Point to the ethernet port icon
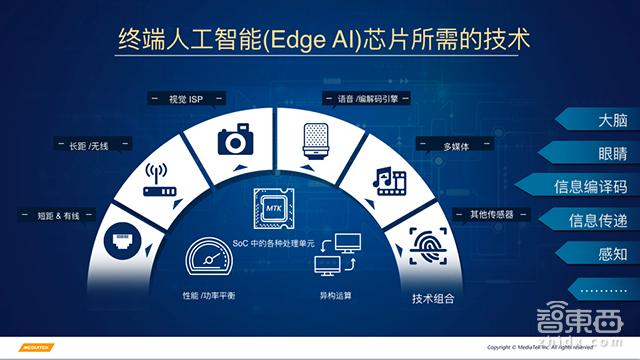(x=122, y=241)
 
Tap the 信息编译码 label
(x=590, y=187)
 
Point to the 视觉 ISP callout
(x=185, y=98)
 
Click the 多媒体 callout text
(x=456, y=145)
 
